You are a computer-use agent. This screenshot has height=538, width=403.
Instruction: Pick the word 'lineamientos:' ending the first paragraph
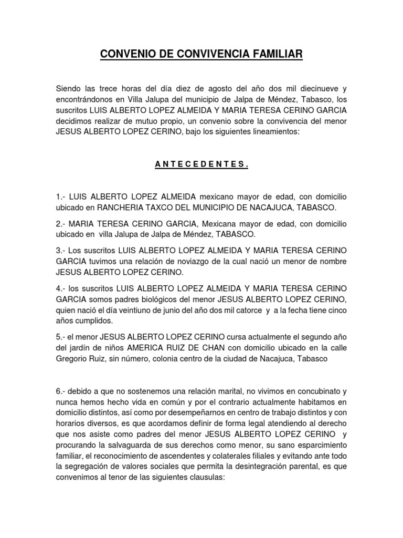273,133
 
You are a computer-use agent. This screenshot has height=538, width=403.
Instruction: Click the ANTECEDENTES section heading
201,164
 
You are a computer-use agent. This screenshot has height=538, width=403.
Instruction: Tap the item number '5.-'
61,337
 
